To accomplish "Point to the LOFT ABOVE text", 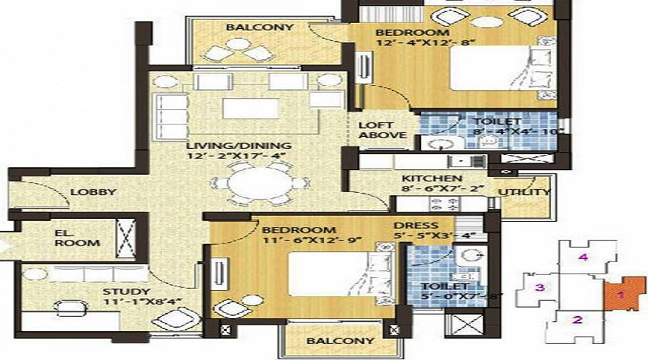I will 377,130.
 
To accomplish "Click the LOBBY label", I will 94,192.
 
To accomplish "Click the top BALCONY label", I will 249,27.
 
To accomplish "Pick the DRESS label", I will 412,224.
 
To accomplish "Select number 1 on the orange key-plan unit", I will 619,294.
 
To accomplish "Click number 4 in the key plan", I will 585,257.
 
